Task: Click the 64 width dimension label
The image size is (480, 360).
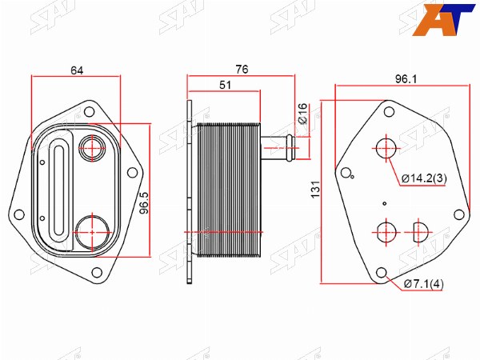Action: [x=77, y=70]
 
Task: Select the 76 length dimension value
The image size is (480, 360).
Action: [x=242, y=70]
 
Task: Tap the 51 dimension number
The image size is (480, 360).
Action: [x=226, y=85]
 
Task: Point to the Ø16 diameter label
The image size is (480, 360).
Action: [x=302, y=114]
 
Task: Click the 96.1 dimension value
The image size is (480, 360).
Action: [x=406, y=79]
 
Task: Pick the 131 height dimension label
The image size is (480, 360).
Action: [x=316, y=190]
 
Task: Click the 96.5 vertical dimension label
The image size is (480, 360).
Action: [x=143, y=203]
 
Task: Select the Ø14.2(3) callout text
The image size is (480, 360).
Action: [x=424, y=178]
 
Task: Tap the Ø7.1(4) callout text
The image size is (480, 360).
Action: [x=423, y=284]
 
